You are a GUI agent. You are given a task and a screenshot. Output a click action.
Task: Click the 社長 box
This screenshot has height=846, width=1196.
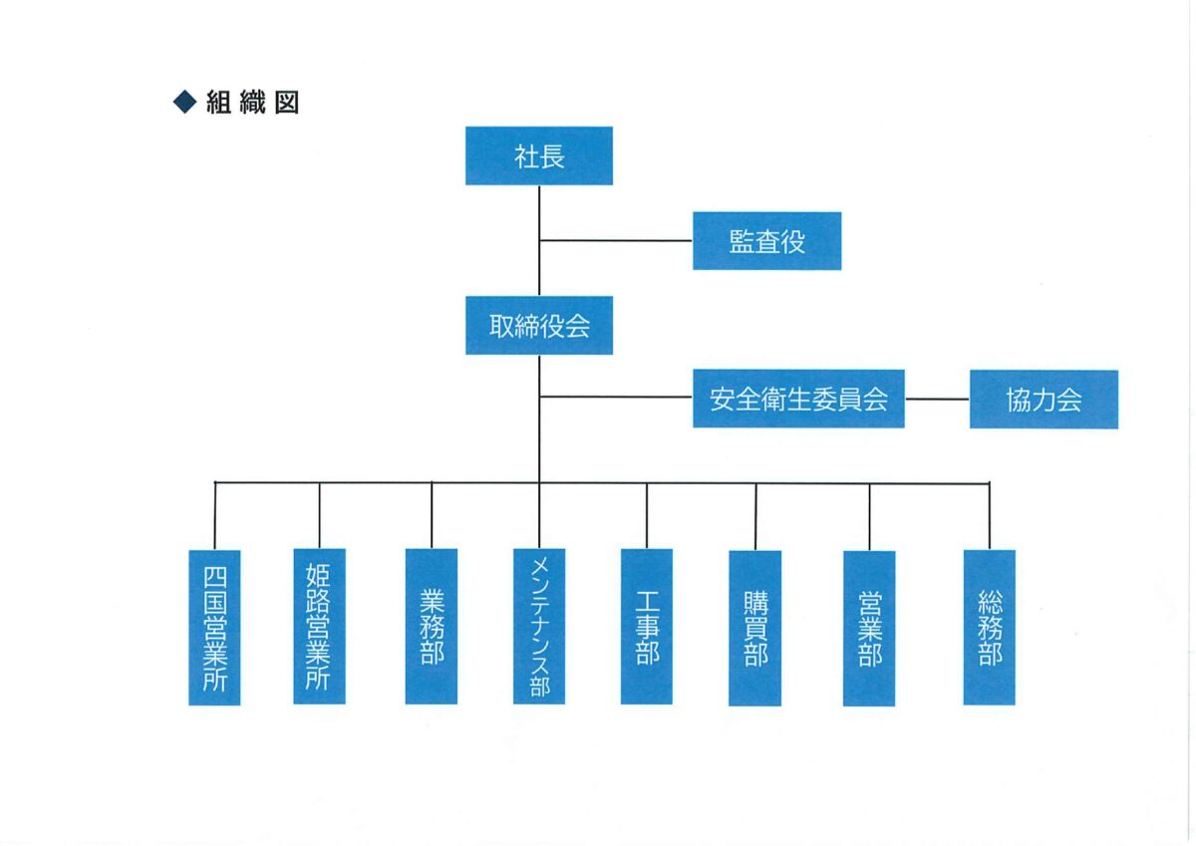pos(538,155)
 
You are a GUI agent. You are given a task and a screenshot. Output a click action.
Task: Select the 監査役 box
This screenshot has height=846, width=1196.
pos(766,240)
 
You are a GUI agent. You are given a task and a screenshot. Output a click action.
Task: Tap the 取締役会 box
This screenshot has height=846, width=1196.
pos(538,325)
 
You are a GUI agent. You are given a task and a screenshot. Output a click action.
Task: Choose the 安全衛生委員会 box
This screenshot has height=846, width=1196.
pos(798,399)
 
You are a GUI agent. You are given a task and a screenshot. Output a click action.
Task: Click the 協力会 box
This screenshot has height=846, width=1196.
pos(1044,399)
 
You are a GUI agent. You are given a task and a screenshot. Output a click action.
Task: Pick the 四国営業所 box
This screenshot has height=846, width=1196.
pos(214,627)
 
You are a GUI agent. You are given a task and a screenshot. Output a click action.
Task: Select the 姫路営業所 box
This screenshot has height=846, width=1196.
pos(319,626)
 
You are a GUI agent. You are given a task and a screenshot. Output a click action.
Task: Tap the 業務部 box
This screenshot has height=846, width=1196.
pos(432,626)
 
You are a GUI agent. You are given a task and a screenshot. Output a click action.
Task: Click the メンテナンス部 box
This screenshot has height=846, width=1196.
pos(539,626)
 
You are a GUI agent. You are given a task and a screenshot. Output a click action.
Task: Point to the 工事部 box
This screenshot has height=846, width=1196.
pos(646,626)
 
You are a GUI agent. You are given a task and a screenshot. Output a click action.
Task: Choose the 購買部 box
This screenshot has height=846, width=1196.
pos(754,627)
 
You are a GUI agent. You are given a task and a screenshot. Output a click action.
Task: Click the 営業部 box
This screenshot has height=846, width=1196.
pos(869,628)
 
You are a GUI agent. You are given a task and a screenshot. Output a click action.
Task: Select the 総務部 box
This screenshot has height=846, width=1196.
pos(989,627)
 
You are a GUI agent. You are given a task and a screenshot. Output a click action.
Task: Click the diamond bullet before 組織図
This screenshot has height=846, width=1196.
pos(184,102)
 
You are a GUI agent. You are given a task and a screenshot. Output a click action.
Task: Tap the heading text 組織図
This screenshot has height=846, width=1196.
pos(252,102)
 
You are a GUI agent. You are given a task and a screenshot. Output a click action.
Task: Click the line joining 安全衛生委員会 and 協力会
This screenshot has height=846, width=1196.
pos(937,399)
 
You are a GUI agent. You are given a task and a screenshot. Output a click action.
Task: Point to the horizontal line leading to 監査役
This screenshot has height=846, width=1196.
pos(616,240)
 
